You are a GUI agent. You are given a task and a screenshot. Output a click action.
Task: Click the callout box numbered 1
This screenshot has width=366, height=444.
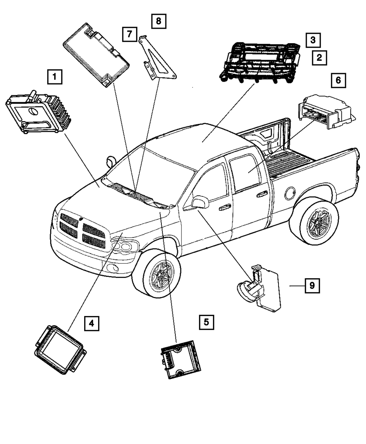click(55, 77)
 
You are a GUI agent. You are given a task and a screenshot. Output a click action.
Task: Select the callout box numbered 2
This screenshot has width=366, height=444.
click(319, 57)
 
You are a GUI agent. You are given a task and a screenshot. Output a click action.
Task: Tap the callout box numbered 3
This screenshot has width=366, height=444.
click(313, 39)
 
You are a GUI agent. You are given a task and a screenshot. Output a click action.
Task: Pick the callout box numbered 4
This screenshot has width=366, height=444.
click(91, 323)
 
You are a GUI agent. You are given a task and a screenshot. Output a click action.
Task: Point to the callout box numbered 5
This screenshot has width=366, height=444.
click(206, 322)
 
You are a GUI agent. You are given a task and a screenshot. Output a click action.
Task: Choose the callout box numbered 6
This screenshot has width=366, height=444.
click(338, 80)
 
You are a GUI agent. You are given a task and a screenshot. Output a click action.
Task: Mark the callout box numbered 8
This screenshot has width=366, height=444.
click(158, 21)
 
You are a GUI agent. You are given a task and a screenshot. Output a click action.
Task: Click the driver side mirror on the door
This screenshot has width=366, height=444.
click(199, 202)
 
